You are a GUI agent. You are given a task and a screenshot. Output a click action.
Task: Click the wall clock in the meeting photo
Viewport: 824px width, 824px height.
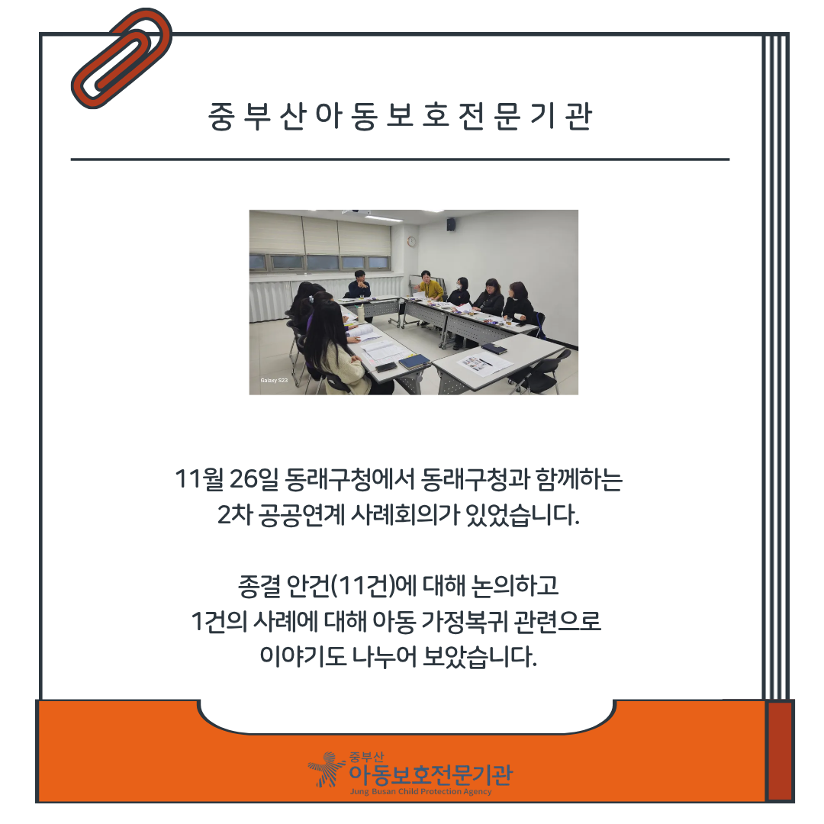[x=411, y=241]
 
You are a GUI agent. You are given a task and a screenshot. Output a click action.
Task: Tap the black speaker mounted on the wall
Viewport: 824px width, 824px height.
[x=451, y=225]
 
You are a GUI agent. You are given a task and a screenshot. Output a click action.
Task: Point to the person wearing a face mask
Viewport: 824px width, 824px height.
[x=460, y=291]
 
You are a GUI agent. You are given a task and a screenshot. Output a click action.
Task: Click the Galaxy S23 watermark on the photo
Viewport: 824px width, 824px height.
[x=274, y=380]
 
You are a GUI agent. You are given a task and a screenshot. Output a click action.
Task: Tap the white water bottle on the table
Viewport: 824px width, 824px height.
[x=362, y=312]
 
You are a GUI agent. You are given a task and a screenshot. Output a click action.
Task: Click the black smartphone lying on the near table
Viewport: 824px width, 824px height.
[x=386, y=367]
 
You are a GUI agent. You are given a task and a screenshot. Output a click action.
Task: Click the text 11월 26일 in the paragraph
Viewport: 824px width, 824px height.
[x=227, y=479]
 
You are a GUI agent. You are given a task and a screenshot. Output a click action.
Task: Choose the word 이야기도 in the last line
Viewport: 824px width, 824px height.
[x=303, y=656]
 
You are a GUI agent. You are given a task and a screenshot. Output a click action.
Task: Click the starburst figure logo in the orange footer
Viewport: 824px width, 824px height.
[x=327, y=769]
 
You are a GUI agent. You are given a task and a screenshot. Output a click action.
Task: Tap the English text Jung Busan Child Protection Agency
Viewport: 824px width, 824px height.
[x=421, y=791]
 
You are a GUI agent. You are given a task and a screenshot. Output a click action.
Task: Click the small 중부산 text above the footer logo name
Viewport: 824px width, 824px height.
[x=366, y=757]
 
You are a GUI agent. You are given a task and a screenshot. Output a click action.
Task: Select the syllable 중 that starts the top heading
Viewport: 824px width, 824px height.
[x=220, y=116]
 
